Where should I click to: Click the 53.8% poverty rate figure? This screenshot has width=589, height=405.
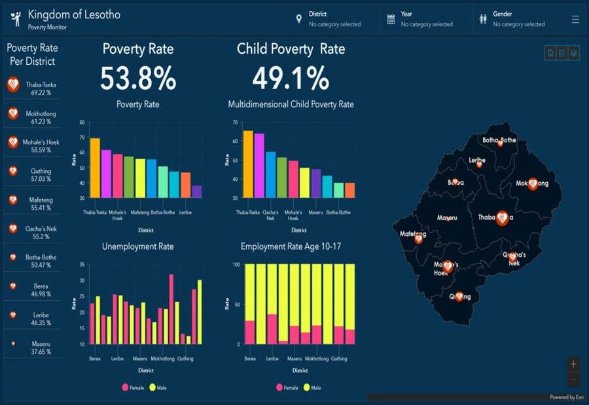tap(138, 79)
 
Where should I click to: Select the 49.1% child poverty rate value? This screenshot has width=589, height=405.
tap(291, 79)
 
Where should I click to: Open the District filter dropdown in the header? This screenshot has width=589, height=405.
tap(334, 19)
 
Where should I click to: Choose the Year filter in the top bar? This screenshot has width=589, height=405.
tap(426, 19)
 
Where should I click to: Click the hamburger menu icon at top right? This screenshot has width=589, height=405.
tap(575, 20)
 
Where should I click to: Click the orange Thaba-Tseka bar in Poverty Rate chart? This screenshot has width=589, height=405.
tap(95, 168)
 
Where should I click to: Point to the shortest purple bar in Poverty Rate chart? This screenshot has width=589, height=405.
tap(196, 191)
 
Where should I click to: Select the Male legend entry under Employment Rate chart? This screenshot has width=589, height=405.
tap(312, 388)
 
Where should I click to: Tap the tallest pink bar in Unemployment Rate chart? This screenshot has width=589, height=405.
tap(171, 309)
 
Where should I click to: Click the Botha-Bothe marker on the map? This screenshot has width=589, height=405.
tap(500, 142)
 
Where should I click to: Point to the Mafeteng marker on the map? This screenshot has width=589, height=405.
tap(418, 239)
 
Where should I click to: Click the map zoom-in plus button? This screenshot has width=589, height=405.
tap(573, 364)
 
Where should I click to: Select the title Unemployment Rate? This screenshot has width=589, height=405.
tap(138, 246)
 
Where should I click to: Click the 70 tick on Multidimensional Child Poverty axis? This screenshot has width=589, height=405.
tap(234, 122)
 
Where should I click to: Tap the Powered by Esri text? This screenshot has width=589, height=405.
tap(566, 397)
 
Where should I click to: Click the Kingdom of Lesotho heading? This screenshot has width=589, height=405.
tap(74, 14)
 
